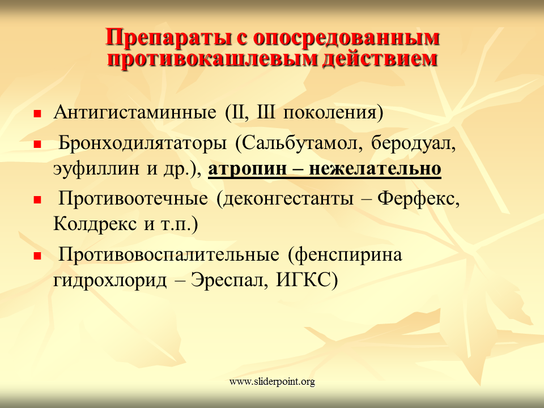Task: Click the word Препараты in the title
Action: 168,37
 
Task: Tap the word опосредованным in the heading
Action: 346,37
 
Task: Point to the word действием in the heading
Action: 380,58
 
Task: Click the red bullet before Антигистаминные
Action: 37,113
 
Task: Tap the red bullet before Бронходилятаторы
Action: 37,144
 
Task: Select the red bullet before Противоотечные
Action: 37,199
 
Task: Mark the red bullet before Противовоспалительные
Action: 37,256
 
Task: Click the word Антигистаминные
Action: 135,112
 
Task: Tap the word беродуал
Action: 413,143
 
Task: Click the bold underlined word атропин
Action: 248,169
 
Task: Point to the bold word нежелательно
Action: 375,169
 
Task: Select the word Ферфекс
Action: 418,199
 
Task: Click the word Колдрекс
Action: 95,224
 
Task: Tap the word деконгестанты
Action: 288,199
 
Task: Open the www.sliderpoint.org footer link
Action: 272,382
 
